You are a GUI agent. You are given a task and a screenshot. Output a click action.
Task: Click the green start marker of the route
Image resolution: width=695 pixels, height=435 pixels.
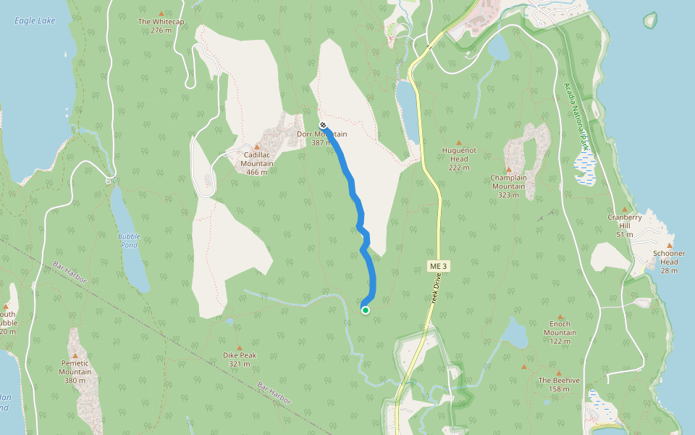366,310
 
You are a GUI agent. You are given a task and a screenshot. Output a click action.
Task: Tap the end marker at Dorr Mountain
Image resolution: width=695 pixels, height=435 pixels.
322,125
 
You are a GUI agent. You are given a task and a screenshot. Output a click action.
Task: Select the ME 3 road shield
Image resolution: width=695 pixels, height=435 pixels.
439,267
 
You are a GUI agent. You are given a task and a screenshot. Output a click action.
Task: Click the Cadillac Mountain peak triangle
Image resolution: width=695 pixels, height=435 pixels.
256,146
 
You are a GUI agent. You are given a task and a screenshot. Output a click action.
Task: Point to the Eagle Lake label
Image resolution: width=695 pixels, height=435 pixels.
30,20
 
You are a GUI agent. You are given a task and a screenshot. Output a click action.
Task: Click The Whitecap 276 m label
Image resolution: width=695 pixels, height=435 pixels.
161,26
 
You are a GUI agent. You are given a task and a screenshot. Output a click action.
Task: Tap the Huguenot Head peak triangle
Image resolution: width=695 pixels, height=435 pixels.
458,142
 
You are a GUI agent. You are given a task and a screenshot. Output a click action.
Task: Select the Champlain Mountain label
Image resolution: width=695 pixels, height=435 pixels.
512,181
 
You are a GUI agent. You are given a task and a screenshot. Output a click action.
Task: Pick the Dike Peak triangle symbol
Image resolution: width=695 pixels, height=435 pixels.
239,347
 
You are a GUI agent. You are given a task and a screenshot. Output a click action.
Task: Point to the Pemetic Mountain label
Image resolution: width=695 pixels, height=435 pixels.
75,368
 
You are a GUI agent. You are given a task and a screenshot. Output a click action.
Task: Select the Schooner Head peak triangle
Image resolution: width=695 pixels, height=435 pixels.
669,245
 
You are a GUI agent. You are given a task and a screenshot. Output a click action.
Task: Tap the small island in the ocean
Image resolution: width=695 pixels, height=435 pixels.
649,20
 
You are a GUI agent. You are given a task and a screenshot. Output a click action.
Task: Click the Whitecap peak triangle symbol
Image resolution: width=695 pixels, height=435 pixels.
161,13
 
